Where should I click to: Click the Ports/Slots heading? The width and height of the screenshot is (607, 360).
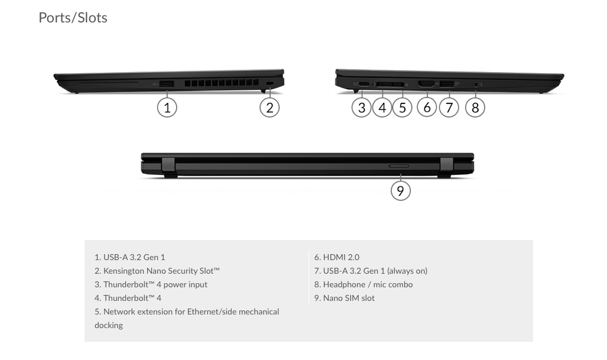pos(73,18)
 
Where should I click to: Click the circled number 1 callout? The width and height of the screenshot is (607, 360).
pos(167,108)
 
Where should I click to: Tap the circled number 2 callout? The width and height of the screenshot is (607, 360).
pos(270,108)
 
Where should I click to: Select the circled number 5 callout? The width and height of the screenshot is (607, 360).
pos(402,108)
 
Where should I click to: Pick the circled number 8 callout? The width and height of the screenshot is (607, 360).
pos(475,108)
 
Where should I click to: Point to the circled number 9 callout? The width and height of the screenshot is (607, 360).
pos(400,190)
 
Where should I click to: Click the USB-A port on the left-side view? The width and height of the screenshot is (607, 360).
pos(167,84)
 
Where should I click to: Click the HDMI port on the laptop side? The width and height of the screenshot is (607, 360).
pos(426,84)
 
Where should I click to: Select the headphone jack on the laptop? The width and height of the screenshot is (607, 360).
pos(476,83)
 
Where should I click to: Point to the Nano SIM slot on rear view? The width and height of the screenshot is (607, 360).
pos(399,166)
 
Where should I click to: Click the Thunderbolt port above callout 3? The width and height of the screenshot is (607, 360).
pos(363,84)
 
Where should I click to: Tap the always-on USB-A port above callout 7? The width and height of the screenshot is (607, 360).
pos(447,84)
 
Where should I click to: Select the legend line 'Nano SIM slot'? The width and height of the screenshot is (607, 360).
pos(345,298)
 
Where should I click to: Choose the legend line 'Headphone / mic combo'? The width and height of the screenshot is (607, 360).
pos(363,284)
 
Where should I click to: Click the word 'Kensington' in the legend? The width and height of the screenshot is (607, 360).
pos(124,271)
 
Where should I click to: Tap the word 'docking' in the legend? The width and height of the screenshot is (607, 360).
pos(109,325)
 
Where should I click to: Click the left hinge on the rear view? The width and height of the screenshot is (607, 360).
pos(168,166)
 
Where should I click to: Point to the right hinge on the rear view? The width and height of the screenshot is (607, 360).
pos(446,166)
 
